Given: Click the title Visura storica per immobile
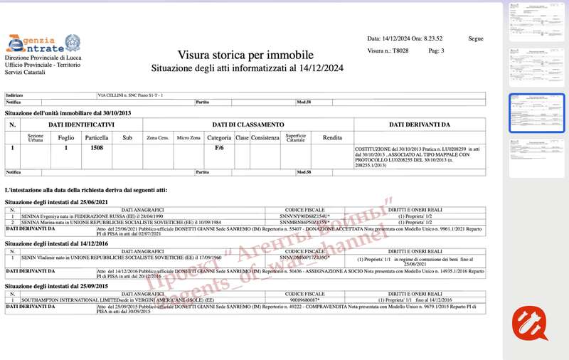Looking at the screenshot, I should tap(246, 55).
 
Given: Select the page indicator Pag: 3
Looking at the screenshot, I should tap(436, 51).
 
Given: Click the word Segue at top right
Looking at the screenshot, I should tap(476, 38).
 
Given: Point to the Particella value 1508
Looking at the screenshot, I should tap(96, 148).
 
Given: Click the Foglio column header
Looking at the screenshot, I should tap(66, 137).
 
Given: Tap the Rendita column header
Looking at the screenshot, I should tap(332, 137).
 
